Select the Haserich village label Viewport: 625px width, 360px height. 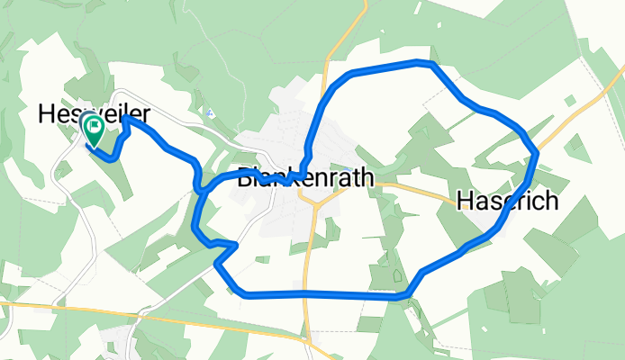507,201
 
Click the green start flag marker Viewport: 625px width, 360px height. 93,130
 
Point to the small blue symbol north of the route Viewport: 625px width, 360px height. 210,112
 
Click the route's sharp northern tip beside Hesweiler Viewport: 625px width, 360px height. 125,118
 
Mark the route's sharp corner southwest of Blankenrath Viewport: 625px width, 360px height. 235,244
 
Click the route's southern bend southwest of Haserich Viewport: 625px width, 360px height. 410,292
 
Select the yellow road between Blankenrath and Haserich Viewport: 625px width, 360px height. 414,189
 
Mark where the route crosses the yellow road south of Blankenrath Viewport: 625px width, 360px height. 307,294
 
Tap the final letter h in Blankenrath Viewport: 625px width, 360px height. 365,179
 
